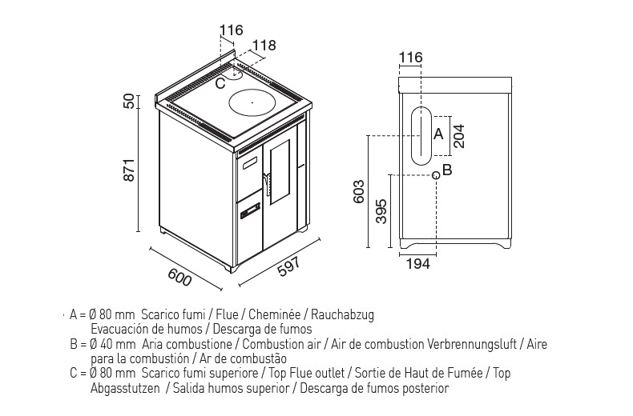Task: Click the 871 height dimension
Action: (x=129, y=170)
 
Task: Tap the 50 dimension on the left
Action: (x=128, y=102)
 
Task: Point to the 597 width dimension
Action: (x=289, y=266)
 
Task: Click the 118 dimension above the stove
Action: (x=265, y=46)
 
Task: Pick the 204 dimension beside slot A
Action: (x=459, y=136)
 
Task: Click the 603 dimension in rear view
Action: (x=358, y=191)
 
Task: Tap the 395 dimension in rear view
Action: (x=381, y=211)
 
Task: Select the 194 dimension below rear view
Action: (x=417, y=264)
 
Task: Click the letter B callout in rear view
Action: (x=447, y=170)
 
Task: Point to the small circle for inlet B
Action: (x=436, y=175)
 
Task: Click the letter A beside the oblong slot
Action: (x=438, y=134)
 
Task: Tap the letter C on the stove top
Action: (x=220, y=83)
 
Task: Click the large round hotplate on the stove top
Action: (x=252, y=102)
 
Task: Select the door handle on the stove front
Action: (x=266, y=184)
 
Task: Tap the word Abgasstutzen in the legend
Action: (x=125, y=389)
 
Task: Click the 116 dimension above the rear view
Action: (x=410, y=58)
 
